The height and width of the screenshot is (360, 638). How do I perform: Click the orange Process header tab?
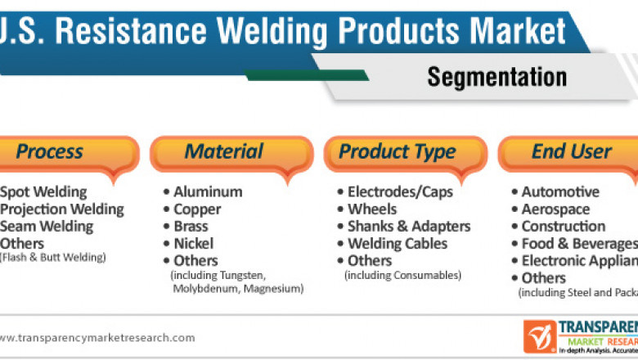[51, 152]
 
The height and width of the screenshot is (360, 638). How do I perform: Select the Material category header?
[224, 152]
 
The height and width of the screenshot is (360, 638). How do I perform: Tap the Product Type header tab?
[398, 152]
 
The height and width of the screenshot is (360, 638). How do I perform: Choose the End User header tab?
[571, 152]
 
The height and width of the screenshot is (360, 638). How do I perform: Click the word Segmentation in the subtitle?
[496, 76]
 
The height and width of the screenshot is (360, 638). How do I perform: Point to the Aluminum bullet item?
[208, 192]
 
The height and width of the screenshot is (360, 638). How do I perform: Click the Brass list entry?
[191, 227]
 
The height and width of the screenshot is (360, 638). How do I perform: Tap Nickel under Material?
[193, 244]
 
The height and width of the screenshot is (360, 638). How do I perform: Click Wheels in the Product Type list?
[372, 209]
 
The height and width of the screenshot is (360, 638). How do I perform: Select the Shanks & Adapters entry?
[409, 227]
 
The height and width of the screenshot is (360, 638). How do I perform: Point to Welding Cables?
[398, 244]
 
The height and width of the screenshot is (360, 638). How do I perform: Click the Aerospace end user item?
[555, 209]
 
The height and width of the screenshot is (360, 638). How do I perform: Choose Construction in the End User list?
[564, 227]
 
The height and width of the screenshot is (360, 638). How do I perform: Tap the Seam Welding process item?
[47, 227]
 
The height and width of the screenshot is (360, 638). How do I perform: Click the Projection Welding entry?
[61, 209]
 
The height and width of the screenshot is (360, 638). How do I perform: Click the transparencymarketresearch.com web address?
[97, 338]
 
